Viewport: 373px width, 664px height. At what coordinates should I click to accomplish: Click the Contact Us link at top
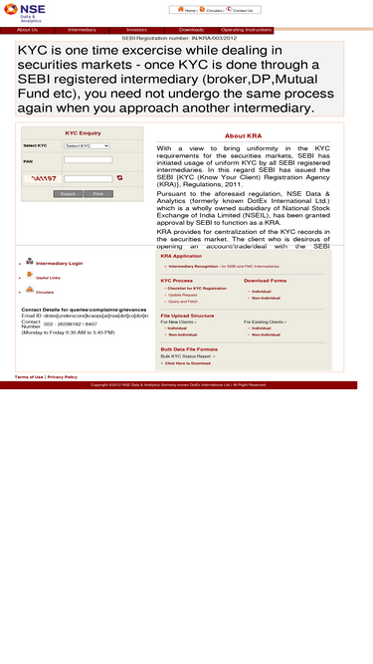242,10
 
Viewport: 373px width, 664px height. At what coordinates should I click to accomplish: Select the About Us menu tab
27,30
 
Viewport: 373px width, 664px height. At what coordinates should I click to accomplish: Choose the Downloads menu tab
191,30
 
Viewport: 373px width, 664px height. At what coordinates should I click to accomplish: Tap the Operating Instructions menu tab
245,30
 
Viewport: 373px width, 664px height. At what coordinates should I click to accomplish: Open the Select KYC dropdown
87,145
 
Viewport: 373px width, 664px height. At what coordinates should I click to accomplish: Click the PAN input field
88,160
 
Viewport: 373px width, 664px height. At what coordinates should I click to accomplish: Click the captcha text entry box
88,178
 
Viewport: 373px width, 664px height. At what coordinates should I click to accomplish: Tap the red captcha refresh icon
119,177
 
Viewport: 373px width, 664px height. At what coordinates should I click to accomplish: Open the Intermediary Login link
59,263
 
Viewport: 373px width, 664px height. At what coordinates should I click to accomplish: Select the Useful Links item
48,278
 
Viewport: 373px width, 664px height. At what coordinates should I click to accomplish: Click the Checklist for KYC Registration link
197,288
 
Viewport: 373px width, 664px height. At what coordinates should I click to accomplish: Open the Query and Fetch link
183,301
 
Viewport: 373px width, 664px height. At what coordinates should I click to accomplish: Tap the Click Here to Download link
187,363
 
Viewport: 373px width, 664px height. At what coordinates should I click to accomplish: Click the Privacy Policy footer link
62,376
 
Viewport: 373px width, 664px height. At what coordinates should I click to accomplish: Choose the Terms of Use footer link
29,376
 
